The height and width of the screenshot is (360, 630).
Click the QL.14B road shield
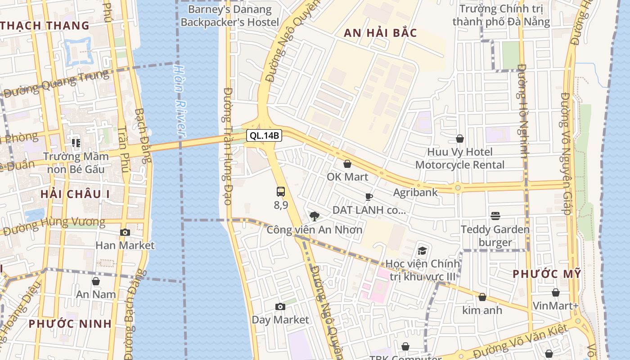pyautogui.click(x=265, y=135)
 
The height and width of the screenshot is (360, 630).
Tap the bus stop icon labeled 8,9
pyautogui.click(x=281, y=192)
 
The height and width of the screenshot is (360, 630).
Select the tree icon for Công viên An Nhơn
pyautogui.click(x=315, y=216)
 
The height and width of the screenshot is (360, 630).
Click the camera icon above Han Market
pyautogui.click(x=125, y=232)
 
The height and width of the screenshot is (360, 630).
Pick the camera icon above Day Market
pyautogui.click(x=280, y=307)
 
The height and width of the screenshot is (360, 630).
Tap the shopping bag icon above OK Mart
pyautogui.click(x=347, y=164)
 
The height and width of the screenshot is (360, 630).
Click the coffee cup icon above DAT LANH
pyautogui.click(x=369, y=197)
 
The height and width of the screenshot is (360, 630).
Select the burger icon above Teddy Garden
pyautogui.click(x=495, y=216)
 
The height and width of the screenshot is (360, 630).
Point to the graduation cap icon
pyautogui.click(x=422, y=251)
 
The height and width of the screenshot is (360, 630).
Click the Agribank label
pyautogui.click(x=415, y=193)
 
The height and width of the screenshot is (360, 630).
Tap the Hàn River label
pyautogui.click(x=180, y=101)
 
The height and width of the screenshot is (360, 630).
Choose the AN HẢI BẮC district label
pyautogui.click(x=381, y=33)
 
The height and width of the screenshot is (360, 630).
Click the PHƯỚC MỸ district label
pyautogui.click(x=547, y=274)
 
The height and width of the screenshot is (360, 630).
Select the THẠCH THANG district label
pyautogui.click(x=45, y=26)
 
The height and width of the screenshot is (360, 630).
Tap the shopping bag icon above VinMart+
pyautogui.click(x=556, y=292)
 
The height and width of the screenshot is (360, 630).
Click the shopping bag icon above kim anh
pyautogui.click(x=482, y=297)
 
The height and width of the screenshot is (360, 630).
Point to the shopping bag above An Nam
pyautogui.click(x=96, y=281)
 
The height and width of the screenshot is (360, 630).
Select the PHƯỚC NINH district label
pyautogui.click(x=70, y=324)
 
